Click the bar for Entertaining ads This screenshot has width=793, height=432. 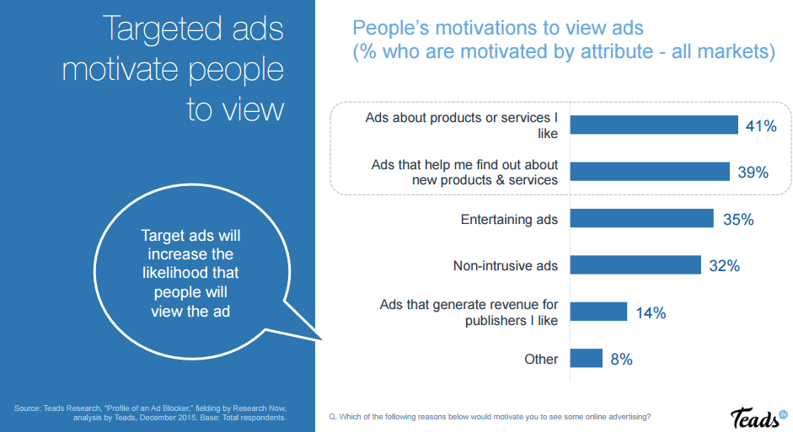tap(642, 219)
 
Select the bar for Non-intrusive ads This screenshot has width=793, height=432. tap(635, 265)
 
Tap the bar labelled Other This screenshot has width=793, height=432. tap(587, 359)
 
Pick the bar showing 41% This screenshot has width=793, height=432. tap(654, 125)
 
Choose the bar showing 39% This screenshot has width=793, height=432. tap(650, 172)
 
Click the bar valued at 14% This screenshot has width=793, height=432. tap(598, 312)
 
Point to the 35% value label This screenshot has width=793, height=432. tap(738, 219)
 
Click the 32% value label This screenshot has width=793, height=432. tap(725, 265)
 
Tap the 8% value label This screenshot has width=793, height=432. tap(622, 359)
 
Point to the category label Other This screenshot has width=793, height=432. tap(541, 359)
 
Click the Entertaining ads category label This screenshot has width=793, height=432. tap(509, 219)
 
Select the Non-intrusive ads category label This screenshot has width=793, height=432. tap(506, 266)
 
